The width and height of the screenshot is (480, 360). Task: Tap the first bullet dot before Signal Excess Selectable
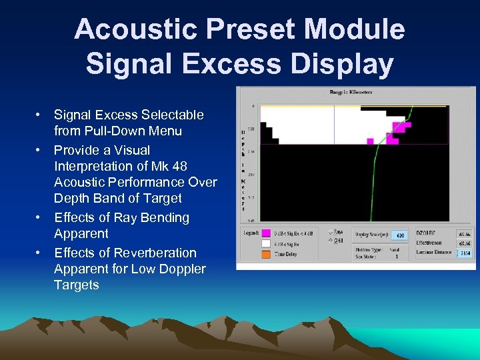point(39,115)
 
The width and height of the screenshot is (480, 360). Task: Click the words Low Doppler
point(174,269)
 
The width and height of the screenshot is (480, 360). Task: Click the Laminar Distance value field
point(463,253)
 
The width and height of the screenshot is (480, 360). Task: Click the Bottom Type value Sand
point(395,249)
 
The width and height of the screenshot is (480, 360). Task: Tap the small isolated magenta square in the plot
point(370,141)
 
